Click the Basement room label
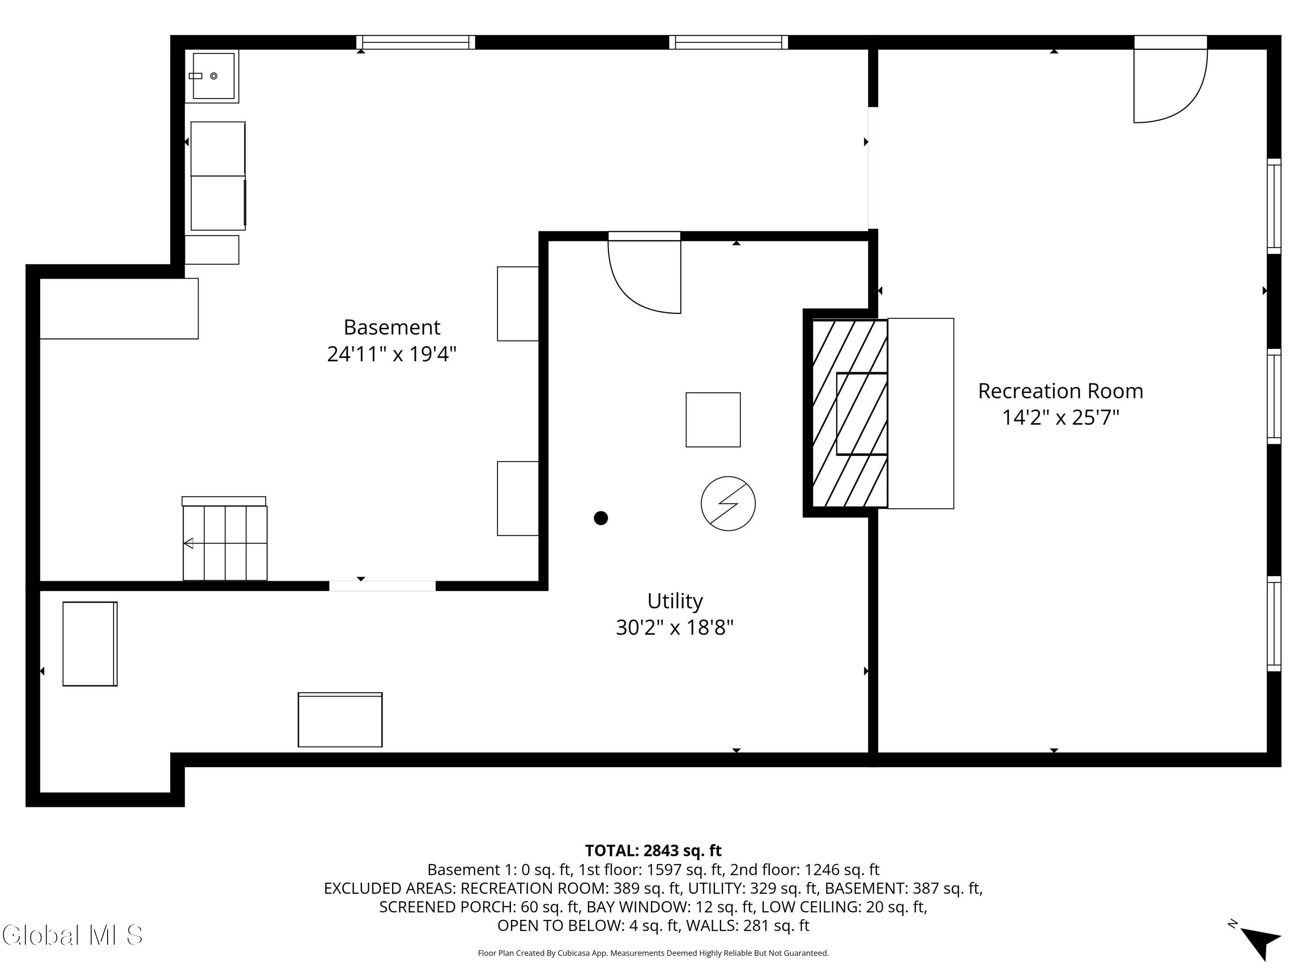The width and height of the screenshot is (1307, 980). (392, 327)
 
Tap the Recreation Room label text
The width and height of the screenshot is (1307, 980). (1060, 391)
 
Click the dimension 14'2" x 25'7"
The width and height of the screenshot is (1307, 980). (1060, 418)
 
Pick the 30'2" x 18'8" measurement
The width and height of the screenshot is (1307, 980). (675, 627)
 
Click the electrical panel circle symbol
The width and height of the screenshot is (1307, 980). (728, 504)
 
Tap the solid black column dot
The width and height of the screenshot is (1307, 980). (601, 518)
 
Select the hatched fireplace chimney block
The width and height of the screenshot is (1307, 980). (849, 413)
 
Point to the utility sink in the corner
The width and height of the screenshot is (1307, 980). (212, 76)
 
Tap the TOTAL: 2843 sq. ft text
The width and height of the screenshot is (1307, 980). (653, 851)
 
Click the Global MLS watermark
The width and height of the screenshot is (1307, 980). (72, 935)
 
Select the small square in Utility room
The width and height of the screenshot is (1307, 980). (713, 419)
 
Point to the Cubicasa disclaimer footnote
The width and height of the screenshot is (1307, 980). (653, 953)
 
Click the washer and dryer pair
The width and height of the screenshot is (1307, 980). (218, 176)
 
